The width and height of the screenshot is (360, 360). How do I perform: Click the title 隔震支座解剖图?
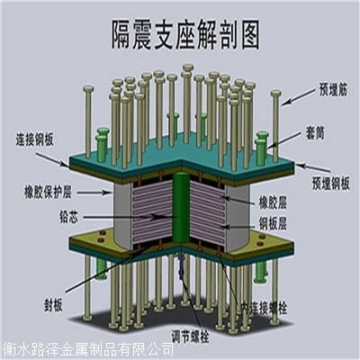[x=185, y=35]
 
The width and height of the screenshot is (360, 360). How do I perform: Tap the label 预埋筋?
[x=333, y=90]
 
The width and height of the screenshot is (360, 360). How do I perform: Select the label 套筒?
[x=315, y=133]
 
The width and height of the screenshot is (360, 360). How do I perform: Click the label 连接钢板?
[x=34, y=139]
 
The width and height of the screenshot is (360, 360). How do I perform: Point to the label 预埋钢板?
[x=331, y=184]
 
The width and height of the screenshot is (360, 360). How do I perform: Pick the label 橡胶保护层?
[x=48, y=192]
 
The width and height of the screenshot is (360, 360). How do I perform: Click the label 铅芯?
[x=69, y=218]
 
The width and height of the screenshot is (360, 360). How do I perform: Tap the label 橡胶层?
[x=273, y=202]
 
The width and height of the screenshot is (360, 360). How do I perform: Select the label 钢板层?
[x=273, y=224]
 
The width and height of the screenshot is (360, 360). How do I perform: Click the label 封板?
[x=53, y=306]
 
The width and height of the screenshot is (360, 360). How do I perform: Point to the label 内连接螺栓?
[x=264, y=309]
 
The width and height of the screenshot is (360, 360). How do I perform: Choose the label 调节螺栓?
[x=190, y=337]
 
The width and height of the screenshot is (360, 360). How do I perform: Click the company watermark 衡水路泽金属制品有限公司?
[x=87, y=350]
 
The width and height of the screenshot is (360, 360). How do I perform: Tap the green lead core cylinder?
[x=181, y=207]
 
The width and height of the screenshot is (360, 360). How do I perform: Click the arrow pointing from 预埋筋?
[x=299, y=96]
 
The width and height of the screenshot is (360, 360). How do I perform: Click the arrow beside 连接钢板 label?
[x=53, y=159]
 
